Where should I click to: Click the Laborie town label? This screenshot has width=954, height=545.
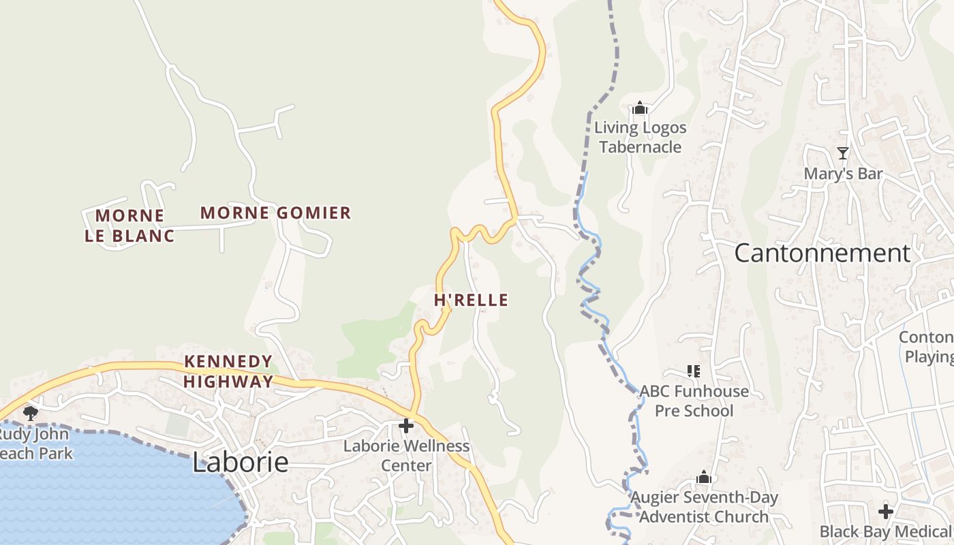click(x=240, y=463)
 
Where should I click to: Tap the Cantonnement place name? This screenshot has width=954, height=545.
click(x=822, y=253)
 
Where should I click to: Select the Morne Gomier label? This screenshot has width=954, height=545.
click(x=275, y=213)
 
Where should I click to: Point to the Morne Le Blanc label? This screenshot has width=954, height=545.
click(x=129, y=225)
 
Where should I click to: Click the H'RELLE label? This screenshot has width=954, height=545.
click(x=471, y=300)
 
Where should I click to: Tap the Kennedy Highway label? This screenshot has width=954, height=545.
click(x=228, y=371)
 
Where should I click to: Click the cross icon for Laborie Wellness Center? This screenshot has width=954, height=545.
click(x=406, y=426)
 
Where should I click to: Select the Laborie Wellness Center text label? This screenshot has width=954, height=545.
click(x=406, y=456)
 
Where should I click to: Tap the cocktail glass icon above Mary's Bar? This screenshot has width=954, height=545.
click(x=843, y=153)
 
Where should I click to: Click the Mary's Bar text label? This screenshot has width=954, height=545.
click(x=843, y=174)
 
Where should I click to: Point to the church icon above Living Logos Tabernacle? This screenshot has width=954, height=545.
click(x=639, y=108)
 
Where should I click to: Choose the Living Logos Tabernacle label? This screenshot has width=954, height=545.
click(x=640, y=137)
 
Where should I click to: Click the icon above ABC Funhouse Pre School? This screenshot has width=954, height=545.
click(x=694, y=371)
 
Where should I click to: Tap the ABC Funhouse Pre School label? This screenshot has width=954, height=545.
click(x=694, y=401)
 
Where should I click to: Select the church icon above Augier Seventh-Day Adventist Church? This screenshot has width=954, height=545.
click(x=704, y=478)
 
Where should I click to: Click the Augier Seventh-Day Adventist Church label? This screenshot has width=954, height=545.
click(x=704, y=508)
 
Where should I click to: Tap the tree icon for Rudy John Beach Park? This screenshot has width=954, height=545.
click(x=30, y=412)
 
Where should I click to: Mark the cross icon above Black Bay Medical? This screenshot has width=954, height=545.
click(x=885, y=511)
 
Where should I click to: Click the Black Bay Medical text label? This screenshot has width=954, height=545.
click(x=886, y=531)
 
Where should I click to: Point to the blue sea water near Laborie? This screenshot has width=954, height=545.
click(x=102, y=497)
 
